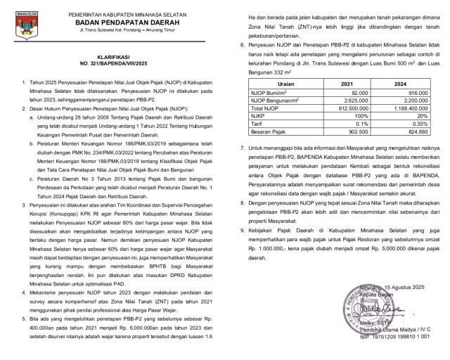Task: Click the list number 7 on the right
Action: (242, 148)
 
